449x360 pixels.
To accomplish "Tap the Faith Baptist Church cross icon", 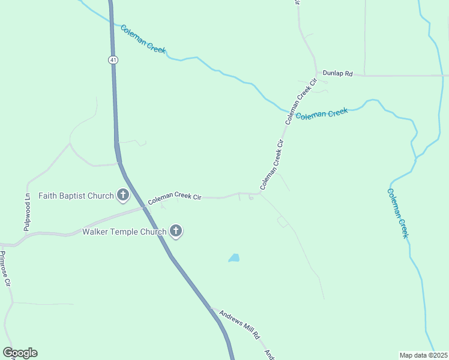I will click(123, 195).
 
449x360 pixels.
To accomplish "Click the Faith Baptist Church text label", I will click(76, 196).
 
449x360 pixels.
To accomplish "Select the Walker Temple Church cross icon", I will click(176, 231).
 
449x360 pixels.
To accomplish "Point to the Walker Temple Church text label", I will click(125, 232).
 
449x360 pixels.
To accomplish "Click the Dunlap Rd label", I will click(336, 72).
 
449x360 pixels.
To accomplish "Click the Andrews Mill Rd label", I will click(239, 322).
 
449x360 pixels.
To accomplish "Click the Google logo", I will click(20, 353).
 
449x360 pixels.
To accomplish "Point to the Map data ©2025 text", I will click(423, 355).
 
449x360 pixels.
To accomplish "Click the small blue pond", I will click(234, 258).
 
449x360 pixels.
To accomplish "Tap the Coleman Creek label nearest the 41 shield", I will click(143, 39).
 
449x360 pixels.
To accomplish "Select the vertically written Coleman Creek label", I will click(397, 213).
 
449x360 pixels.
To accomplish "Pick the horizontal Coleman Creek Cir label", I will click(175, 197).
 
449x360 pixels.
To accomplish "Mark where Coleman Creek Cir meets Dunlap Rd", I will click(317, 75).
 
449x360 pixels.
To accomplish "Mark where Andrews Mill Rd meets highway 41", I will click(212, 309).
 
